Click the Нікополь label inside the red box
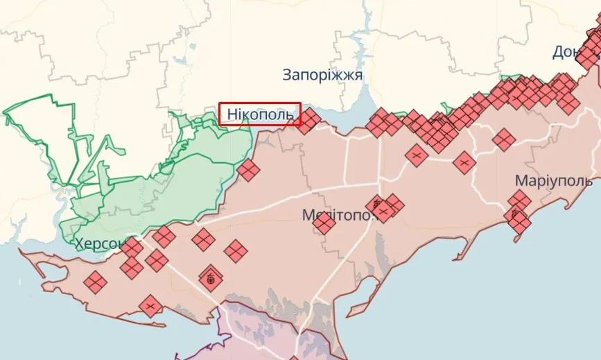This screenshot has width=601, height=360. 260,114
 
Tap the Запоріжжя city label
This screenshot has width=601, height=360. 322,75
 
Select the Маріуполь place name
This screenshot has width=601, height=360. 553,180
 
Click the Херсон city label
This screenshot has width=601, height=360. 100,243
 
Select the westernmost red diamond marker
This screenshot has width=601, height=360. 95,282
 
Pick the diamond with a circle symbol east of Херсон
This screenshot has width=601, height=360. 211,279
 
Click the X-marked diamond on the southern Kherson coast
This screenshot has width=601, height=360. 150,305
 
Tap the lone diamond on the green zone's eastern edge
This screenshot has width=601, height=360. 247,169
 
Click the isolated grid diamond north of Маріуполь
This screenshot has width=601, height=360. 504,140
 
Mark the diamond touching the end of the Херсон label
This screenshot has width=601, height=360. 131,248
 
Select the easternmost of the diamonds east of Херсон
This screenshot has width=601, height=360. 236,251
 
